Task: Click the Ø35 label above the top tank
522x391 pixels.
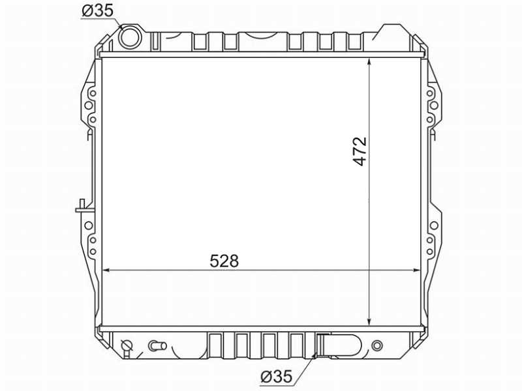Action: pyautogui.click(x=97, y=10)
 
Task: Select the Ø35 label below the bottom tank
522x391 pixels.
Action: pyautogui.click(x=276, y=377)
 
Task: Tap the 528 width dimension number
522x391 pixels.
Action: pyautogui.click(x=224, y=261)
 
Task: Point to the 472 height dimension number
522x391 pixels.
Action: pyautogui.click(x=360, y=151)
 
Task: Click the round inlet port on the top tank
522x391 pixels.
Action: pyautogui.click(x=129, y=36)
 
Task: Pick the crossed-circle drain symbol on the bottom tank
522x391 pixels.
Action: pyautogui.click(x=127, y=346)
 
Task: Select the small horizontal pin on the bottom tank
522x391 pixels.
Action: pyautogui.click(x=157, y=346)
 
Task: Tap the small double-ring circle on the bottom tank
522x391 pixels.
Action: pyautogui.click(x=376, y=346)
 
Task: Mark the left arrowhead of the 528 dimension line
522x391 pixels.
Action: pyautogui.click(x=106, y=270)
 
